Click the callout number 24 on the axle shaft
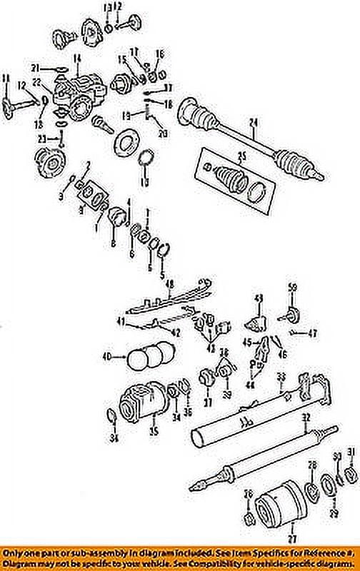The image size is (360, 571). pos(252,129)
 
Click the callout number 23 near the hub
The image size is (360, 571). pos(42,138)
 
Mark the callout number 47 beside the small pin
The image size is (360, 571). pos(312,333)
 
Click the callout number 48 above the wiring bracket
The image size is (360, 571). pos(170,283)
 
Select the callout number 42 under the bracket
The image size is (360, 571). pos(174,332)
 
